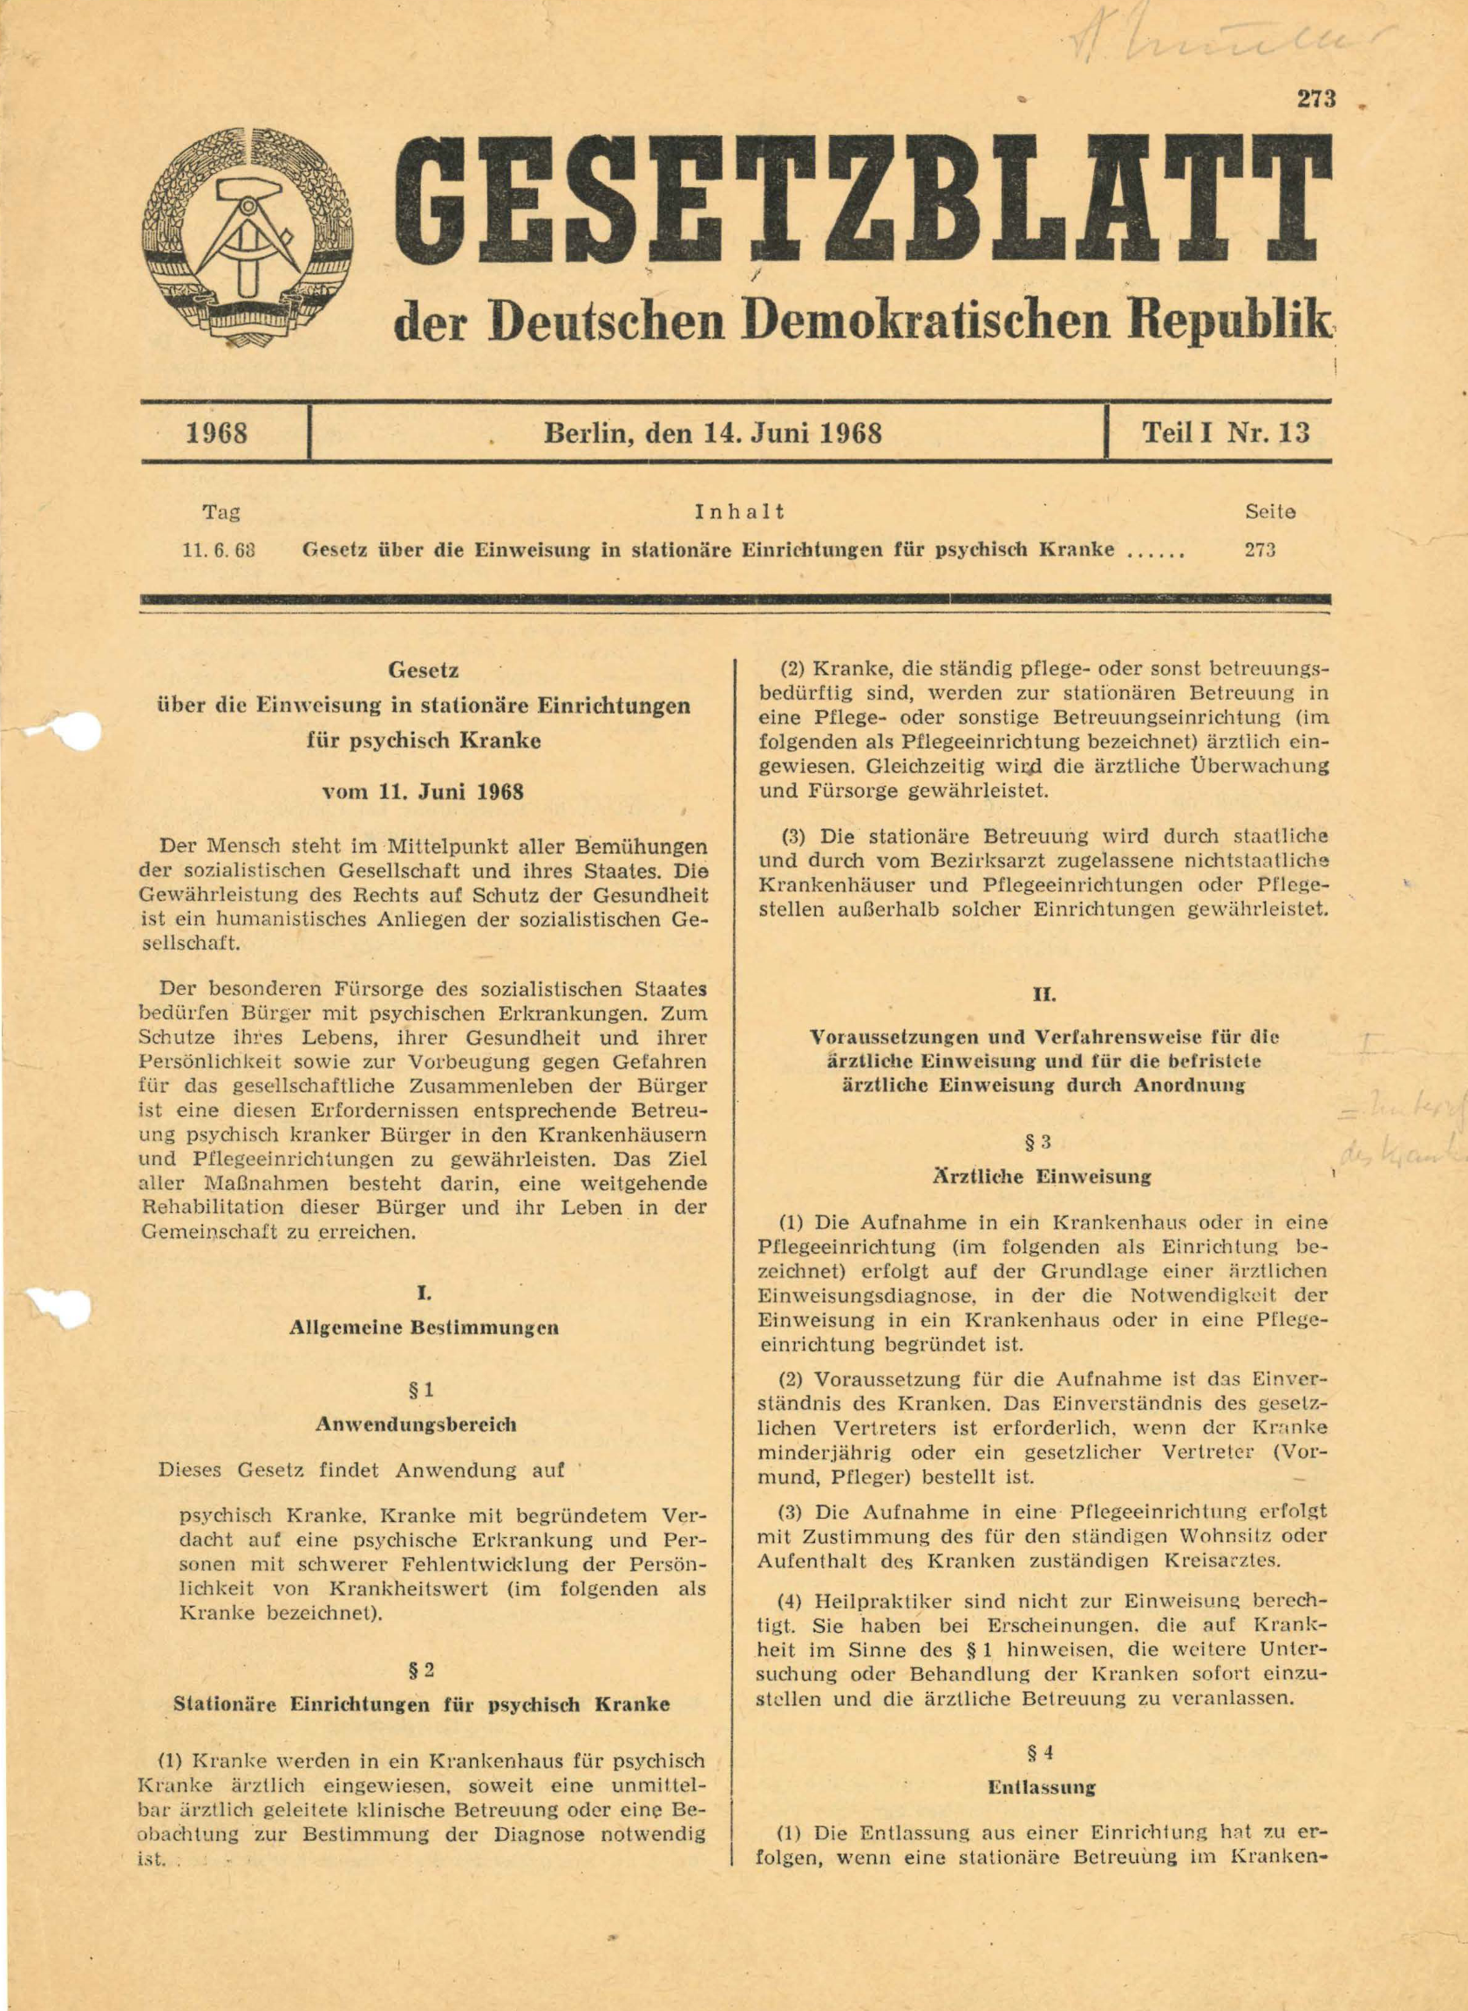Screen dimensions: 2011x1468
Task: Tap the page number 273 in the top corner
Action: pos(1316,99)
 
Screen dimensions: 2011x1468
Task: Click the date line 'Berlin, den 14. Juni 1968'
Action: pos(713,435)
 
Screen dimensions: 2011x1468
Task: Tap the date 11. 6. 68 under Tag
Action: pos(219,549)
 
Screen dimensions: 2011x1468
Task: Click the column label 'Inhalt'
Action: pos(739,511)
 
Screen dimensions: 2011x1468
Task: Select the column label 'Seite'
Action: pos(1270,512)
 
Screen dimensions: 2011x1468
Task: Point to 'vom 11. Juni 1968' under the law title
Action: pos(422,791)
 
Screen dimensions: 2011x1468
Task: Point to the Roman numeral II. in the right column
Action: pos(1043,995)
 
